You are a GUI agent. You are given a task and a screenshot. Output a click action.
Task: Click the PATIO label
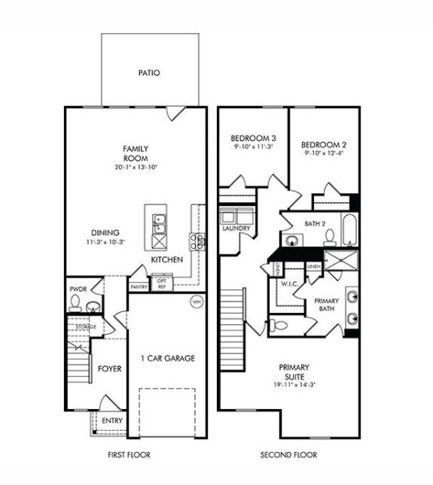click(149, 73)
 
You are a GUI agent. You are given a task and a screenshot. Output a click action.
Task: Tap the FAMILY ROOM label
click(134, 154)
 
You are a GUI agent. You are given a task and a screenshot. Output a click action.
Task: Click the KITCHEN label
click(167, 259)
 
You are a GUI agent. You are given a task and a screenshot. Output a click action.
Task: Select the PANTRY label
click(138, 286)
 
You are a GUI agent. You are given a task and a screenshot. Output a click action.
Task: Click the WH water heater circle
click(196, 302)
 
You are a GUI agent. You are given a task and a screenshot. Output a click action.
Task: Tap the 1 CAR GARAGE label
click(168, 358)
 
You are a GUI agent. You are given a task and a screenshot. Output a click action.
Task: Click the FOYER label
click(109, 369)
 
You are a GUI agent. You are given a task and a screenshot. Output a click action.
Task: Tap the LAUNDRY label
click(236, 228)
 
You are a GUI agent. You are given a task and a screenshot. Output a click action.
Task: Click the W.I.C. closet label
click(290, 285)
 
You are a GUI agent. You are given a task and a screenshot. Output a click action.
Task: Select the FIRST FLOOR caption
click(129, 455)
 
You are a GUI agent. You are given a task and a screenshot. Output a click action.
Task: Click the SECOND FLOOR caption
click(289, 455)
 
